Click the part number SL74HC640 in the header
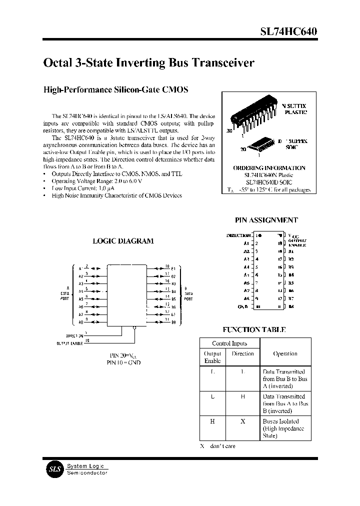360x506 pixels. (x=288, y=31)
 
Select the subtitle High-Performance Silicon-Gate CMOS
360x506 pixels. (x=116, y=90)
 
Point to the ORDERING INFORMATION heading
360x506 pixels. (x=269, y=168)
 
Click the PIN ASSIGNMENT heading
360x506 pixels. (x=266, y=220)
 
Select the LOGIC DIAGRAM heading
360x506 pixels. (x=123, y=241)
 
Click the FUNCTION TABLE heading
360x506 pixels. (x=254, y=329)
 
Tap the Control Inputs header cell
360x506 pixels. (x=229, y=343)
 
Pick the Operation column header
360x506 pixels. (x=285, y=353)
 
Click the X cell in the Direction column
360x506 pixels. (x=243, y=421)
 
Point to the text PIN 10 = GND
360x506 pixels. (x=123, y=362)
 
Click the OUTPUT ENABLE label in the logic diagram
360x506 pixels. (x=68, y=343)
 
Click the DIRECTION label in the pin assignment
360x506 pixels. (x=238, y=235)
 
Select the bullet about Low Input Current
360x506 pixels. (x=79, y=188)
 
